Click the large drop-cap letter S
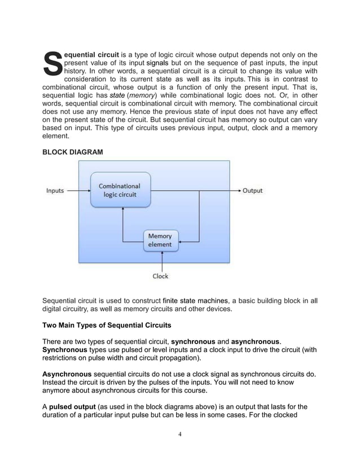coord(52,63)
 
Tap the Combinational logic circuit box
coord(120,190)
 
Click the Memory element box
coord(160,240)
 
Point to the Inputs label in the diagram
coord(55,191)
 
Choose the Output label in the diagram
coord(253,191)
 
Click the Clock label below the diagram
coord(160,276)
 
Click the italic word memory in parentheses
coord(142,96)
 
